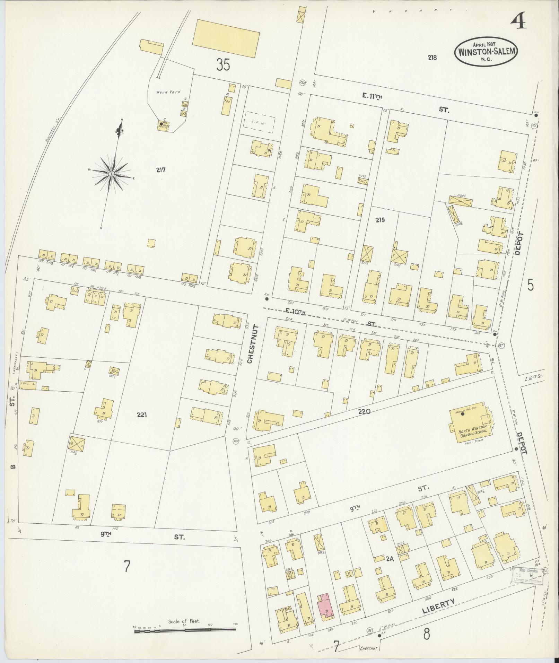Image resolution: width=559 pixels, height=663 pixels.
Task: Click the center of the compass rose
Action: pyautogui.click(x=112, y=173)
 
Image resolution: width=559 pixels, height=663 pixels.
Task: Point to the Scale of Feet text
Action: pyautogui.click(x=184, y=621)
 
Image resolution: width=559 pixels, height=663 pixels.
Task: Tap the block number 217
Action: pyautogui.click(x=160, y=170)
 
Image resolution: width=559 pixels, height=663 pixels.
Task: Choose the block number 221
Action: pyautogui.click(x=142, y=414)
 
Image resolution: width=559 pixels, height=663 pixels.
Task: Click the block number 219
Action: pyautogui.click(x=380, y=220)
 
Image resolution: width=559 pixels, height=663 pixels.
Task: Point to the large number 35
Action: pyautogui.click(x=223, y=64)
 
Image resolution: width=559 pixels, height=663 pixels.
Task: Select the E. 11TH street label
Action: pyautogui.click(x=372, y=97)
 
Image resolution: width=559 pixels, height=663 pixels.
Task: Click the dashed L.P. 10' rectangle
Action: pyautogui.click(x=260, y=122)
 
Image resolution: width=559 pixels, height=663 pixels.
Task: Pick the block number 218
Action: pyautogui.click(x=432, y=58)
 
